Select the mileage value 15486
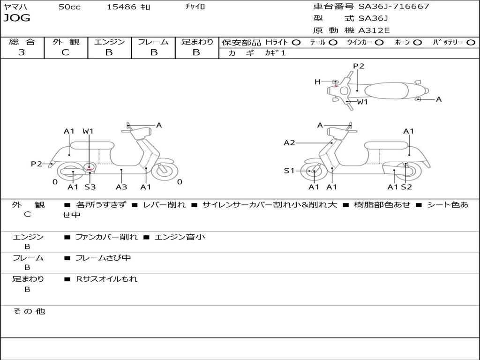[122, 7]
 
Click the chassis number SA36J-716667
[394, 7]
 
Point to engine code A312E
[374, 31]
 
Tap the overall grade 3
[22, 52]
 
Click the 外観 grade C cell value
[66, 52]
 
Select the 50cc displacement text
[69, 7]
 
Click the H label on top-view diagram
[317, 82]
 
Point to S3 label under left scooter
[90, 187]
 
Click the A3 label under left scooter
[121, 187]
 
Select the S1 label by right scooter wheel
[289, 171]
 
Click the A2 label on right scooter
[289, 143]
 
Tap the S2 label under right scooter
[406, 187]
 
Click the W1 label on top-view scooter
[362, 102]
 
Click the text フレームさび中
[103, 258]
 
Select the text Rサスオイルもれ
[107, 279]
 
